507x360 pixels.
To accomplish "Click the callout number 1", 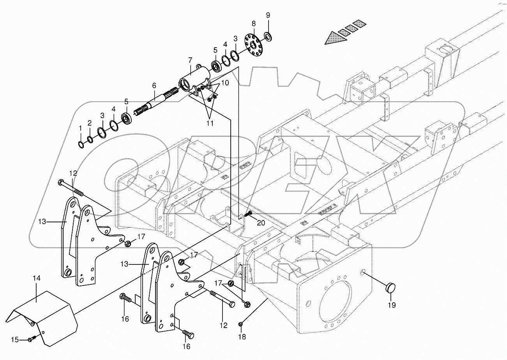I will click(x=80, y=128).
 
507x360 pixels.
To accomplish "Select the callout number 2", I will click(x=89, y=123).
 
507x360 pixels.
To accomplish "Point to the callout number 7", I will click(x=190, y=60).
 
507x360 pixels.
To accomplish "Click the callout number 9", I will click(x=268, y=15).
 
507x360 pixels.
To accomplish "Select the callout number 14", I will click(x=37, y=278).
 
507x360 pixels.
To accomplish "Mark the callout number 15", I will click(x=14, y=340).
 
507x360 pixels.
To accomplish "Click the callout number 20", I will click(x=261, y=223).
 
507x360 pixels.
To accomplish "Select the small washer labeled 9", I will click(x=268, y=37).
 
